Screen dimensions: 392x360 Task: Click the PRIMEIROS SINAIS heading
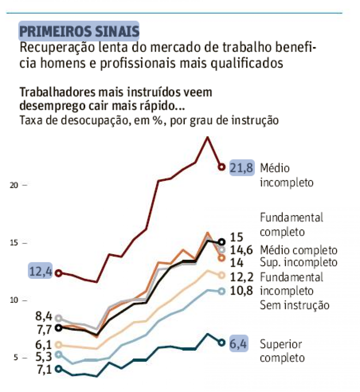click(x=79, y=31)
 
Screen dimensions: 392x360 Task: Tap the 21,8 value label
click(x=242, y=168)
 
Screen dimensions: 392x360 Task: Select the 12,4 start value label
click(x=40, y=272)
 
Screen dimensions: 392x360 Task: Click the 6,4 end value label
click(x=238, y=344)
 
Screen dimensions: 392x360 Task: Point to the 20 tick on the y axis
click(x=14, y=185)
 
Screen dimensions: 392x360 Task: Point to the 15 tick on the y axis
click(x=14, y=243)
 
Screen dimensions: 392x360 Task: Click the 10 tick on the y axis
click(x=14, y=300)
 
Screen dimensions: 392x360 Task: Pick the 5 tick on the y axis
click(x=16, y=357)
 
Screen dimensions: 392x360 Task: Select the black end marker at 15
click(x=222, y=242)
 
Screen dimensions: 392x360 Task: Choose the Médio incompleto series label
click(x=286, y=175)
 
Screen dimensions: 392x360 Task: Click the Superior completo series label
click(x=282, y=351)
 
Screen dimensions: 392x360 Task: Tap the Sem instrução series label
click(x=294, y=305)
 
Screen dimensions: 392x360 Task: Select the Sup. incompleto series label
click(x=298, y=262)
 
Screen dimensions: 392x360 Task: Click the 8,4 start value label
click(x=44, y=316)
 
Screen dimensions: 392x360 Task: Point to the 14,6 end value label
click(x=241, y=250)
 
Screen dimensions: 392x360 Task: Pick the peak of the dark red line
click(x=208, y=137)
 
